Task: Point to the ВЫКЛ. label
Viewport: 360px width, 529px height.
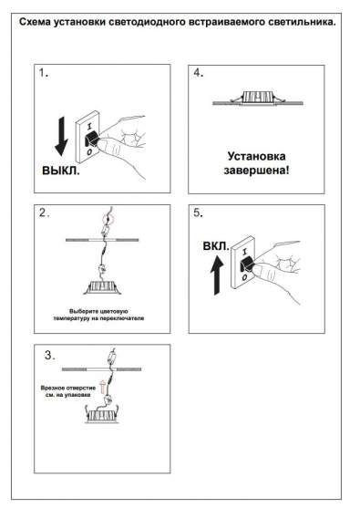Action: [61, 171]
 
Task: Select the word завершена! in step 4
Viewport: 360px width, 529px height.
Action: [255, 169]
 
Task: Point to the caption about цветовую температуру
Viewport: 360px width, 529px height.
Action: [100, 316]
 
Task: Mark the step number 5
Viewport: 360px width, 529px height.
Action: [199, 214]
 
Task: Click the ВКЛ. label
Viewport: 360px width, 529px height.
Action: [216, 246]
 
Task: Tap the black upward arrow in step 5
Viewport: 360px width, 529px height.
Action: [215, 274]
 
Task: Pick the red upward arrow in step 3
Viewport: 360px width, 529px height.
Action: [103, 395]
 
